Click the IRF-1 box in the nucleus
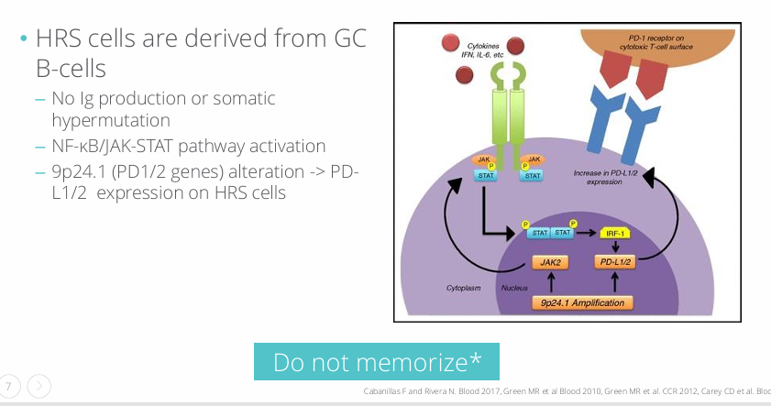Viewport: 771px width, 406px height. pyautogui.click(x=616, y=233)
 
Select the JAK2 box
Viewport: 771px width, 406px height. pyautogui.click(x=550, y=262)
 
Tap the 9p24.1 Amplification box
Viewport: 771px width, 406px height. pyautogui.click(x=582, y=302)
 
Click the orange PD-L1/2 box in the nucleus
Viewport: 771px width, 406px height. pyautogui.click(x=615, y=262)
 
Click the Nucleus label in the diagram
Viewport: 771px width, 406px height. pyautogui.click(x=514, y=288)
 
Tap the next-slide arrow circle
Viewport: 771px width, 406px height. pyautogui.click(x=39, y=387)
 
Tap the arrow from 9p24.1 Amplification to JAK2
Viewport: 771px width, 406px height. pyautogui.click(x=550, y=282)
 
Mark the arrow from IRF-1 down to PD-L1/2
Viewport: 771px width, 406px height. pyautogui.click(x=616, y=247)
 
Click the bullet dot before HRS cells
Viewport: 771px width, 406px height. pyautogui.click(x=23, y=40)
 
